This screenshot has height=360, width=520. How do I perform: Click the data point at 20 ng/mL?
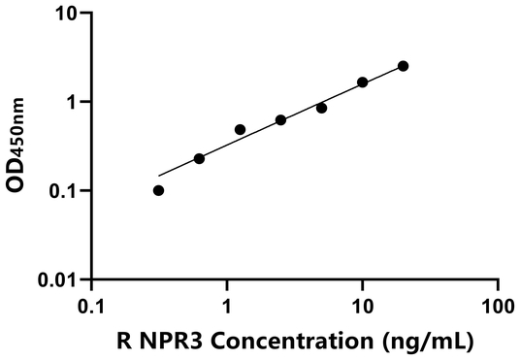pos(403,66)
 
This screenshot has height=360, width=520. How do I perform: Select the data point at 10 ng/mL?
pos(363,82)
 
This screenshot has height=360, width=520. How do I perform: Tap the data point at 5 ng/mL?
pos(321,108)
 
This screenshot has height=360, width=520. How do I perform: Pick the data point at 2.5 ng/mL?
pos(280,120)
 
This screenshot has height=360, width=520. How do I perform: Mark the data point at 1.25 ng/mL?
pos(240,129)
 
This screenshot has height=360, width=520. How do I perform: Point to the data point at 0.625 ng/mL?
pos(199,158)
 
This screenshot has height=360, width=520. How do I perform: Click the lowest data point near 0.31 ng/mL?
pos(158,190)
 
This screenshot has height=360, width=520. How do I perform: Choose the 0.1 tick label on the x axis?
pos(91,305)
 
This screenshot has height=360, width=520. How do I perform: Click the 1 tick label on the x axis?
pos(227,305)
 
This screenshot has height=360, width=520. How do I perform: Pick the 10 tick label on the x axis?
pos(363,305)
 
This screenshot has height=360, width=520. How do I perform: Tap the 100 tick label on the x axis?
pos(498,305)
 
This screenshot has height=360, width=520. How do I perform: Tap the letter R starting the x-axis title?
pos(123,341)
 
